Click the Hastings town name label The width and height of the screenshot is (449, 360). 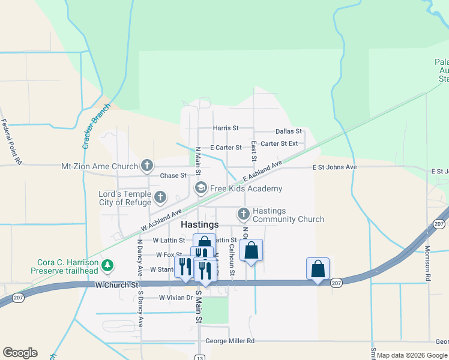(200, 224)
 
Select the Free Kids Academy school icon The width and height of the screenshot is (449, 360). (201, 188)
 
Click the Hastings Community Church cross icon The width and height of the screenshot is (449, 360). (243, 214)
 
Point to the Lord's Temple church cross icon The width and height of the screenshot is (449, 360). (160, 196)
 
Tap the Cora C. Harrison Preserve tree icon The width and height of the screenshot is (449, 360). (107, 265)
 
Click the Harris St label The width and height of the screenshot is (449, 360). (226, 128)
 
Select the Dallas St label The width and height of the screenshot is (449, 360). (288, 132)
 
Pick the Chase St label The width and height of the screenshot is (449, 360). (173, 176)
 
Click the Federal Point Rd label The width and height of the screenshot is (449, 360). (11, 142)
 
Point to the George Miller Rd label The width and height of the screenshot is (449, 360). (230, 341)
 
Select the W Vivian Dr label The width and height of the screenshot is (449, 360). (175, 298)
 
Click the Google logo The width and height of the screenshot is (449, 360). (20, 353)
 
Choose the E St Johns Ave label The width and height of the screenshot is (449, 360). (334, 167)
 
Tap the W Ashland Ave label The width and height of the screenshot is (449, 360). (161, 220)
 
